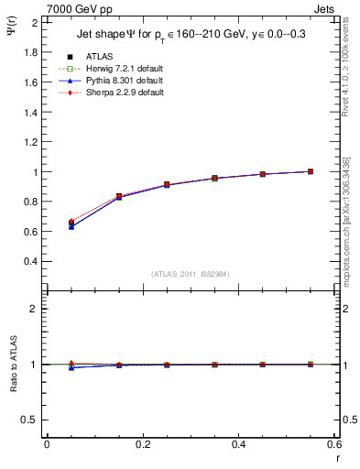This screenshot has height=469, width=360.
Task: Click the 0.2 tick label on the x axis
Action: pyautogui.click(x=142, y=444)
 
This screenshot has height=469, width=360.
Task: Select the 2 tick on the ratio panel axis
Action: pyautogui.click(x=37, y=309)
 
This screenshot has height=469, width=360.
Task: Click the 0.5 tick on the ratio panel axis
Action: pyautogui.click(x=33, y=420)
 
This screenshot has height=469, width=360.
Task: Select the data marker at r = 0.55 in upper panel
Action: pyautogui.click(x=311, y=171)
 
